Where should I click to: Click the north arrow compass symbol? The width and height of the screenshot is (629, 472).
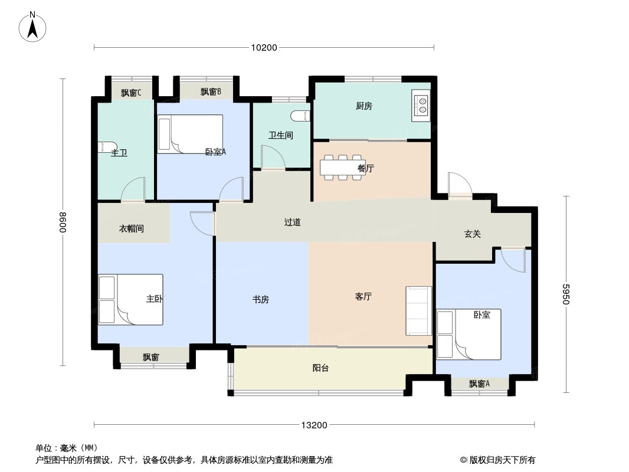32,27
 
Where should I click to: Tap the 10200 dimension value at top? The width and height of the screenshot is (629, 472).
264,48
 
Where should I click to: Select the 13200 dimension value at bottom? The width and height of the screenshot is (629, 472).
314,425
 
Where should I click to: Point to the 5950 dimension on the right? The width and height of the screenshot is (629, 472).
566,294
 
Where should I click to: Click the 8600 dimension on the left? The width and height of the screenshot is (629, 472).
63,222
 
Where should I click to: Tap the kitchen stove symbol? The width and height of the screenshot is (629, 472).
421,106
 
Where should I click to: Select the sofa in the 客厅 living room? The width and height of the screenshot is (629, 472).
419,311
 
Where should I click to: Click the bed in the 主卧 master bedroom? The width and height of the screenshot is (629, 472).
131,300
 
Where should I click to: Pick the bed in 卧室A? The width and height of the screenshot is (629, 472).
190,134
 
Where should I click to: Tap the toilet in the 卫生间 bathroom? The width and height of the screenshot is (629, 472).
301,116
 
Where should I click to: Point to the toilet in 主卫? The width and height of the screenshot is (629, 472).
107,147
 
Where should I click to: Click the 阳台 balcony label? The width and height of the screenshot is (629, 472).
320,368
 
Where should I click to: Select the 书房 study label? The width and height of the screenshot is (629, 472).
260,300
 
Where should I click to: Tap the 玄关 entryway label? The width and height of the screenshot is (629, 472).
473,234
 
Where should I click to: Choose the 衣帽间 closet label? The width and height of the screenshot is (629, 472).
132,228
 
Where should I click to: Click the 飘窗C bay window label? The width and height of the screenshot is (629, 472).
131,93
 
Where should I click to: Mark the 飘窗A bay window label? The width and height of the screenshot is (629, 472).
479,383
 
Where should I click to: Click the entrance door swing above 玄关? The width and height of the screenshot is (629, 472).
460,184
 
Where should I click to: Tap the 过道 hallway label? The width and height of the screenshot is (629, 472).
293,222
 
